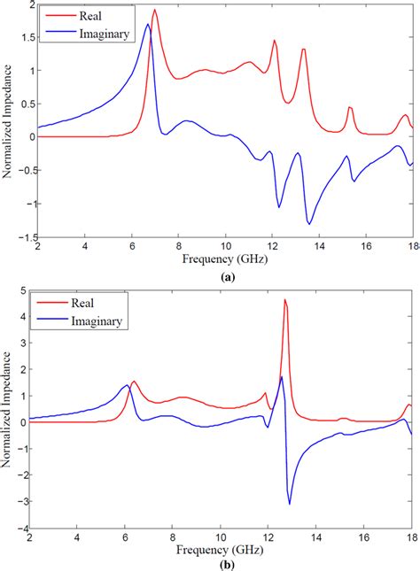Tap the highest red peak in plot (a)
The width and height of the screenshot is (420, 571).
pos(155,11)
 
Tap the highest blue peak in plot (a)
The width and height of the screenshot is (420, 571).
pos(148,25)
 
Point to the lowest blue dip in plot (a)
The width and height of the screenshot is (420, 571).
pos(309,223)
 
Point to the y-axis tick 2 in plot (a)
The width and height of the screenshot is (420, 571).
pos(21,5)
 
